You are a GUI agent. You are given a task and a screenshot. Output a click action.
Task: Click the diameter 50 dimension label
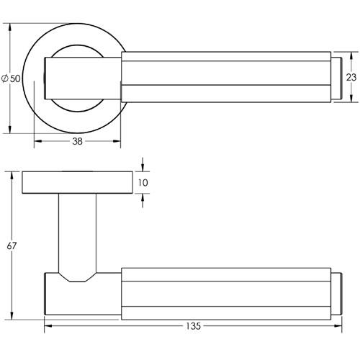pyautogui.click(x=11, y=78)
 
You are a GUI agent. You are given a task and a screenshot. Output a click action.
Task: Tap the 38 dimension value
pyautogui.click(x=77, y=141)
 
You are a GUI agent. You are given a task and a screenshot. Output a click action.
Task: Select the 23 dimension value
pyautogui.click(x=351, y=77)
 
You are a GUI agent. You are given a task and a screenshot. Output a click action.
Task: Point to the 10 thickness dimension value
pyautogui.click(x=143, y=183)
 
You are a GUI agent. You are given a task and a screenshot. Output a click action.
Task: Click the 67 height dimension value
pyautogui.click(x=12, y=246)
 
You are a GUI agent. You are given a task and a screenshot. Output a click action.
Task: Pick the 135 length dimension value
pyautogui.click(x=193, y=326)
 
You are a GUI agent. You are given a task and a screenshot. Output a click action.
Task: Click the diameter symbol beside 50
pyautogui.click(x=4, y=78)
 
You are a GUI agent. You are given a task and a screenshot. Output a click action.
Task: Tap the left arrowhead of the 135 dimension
pyautogui.click(x=48, y=326)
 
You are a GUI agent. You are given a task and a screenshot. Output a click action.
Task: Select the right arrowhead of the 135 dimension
pyautogui.click(x=338, y=326)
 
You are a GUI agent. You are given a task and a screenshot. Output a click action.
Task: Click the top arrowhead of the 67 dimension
pyautogui.click(x=12, y=176)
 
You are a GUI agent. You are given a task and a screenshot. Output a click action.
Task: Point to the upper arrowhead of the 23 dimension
pyautogui.click(x=351, y=55)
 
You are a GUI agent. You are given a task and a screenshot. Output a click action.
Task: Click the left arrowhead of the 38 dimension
pyautogui.click(x=38, y=141)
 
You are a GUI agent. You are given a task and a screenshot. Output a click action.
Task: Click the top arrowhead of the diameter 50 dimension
pyautogui.click(x=10, y=27)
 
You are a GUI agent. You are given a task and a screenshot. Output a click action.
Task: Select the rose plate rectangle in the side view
pyautogui.click(x=77, y=182)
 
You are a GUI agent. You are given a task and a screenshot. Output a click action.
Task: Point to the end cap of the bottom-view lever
pyautogui.click(x=336, y=294)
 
